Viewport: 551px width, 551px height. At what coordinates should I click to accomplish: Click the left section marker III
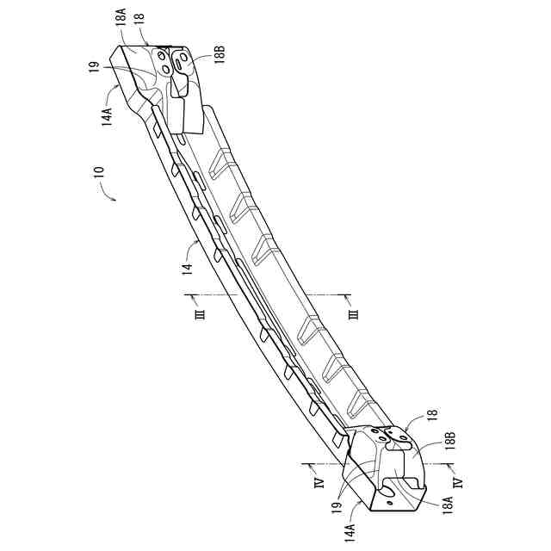click(x=199, y=314)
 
